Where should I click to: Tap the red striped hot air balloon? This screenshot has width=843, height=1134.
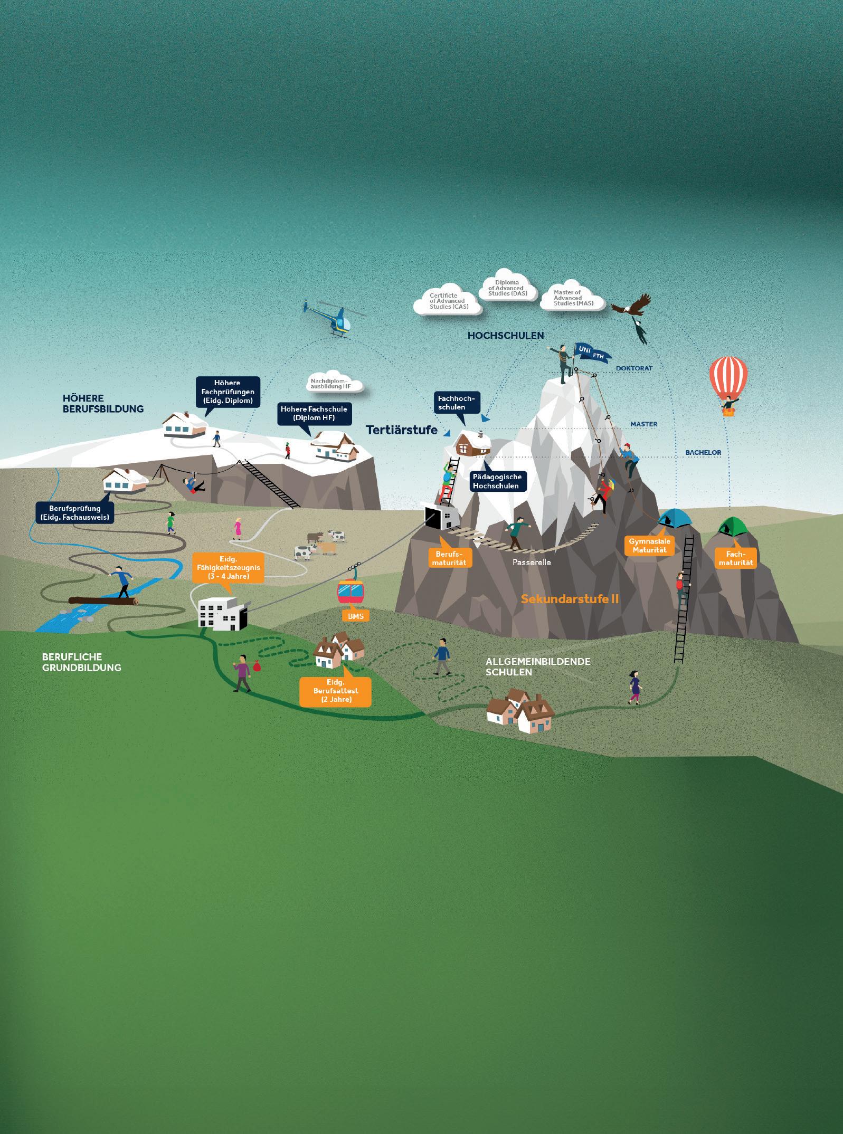(729, 379)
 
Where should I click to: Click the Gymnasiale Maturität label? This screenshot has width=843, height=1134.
(647, 546)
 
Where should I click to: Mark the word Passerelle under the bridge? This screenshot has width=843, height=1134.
(532, 562)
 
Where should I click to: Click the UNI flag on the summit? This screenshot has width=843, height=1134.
(584, 350)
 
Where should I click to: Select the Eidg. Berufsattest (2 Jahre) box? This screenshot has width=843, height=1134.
(335, 691)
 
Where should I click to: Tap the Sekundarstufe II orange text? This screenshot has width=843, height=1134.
(570, 599)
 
